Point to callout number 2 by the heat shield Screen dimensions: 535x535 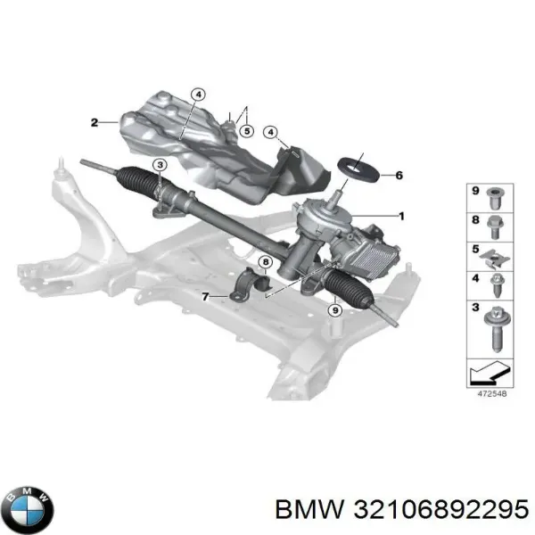(x=94, y=122)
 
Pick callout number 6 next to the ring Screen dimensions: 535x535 (x=398, y=175)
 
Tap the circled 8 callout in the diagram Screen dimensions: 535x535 (x=264, y=261)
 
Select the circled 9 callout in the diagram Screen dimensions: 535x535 (x=334, y=310)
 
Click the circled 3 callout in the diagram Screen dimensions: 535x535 (x=159, y=165)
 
